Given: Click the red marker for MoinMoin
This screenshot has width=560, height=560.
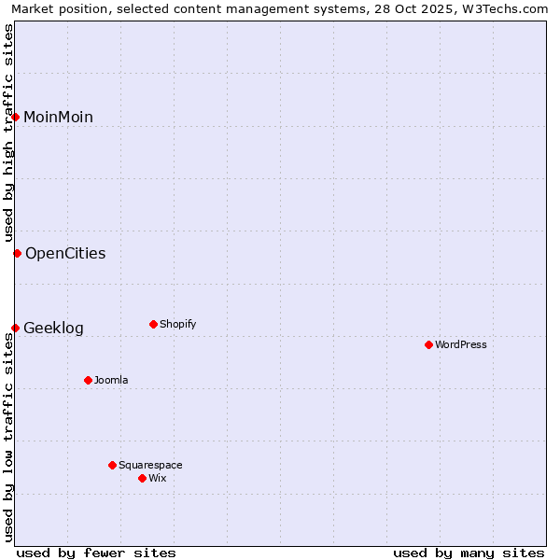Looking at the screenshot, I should pyautogui.click(x=16, y=117).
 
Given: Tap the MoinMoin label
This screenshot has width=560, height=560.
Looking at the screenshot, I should pyautogui.click(x=58, y=117).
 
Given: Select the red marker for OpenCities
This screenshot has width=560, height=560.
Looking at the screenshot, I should pyautogui.click(x=17, y=253).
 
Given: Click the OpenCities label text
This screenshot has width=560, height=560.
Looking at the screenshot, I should pyautogui.click(x=65, y=253).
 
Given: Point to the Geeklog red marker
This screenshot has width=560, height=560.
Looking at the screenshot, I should pyautogui.click(x=16, y=328).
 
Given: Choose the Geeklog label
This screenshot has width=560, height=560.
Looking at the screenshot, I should pyautogui.click(x=53, y=328).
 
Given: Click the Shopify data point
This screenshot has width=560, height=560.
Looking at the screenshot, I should pyautogui.click(x=153, y=324).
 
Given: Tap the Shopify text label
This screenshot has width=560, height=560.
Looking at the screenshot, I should pyautogui.click(x=177, y=324).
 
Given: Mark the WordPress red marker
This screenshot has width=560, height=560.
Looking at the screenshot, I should pyautogui.click(x=428, y=344).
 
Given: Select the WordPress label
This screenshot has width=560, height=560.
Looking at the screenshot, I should pyautogui.click(x=461, y=344).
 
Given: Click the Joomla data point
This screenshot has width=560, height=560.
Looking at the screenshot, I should pyautogui.click(x=88, y=380).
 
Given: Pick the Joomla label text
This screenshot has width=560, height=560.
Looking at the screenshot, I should pyautogui.click(x=111, y=380).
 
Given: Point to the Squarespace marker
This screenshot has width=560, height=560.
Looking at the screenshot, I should pyautogui.click(x=112, y=465).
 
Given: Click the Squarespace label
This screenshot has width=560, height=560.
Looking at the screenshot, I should pyautogui.click(x=150, y=465).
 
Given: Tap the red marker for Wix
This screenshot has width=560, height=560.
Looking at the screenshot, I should pyautogui.click(x=142, y=478).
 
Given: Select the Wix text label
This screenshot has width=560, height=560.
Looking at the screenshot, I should pyautogui.click(x=157, y=478).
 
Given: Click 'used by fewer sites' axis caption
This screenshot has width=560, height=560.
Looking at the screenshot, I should pyautogui.click(x=96, y=553).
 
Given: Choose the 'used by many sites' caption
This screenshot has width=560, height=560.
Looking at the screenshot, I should pyautogui.click(x=469, y=553).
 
